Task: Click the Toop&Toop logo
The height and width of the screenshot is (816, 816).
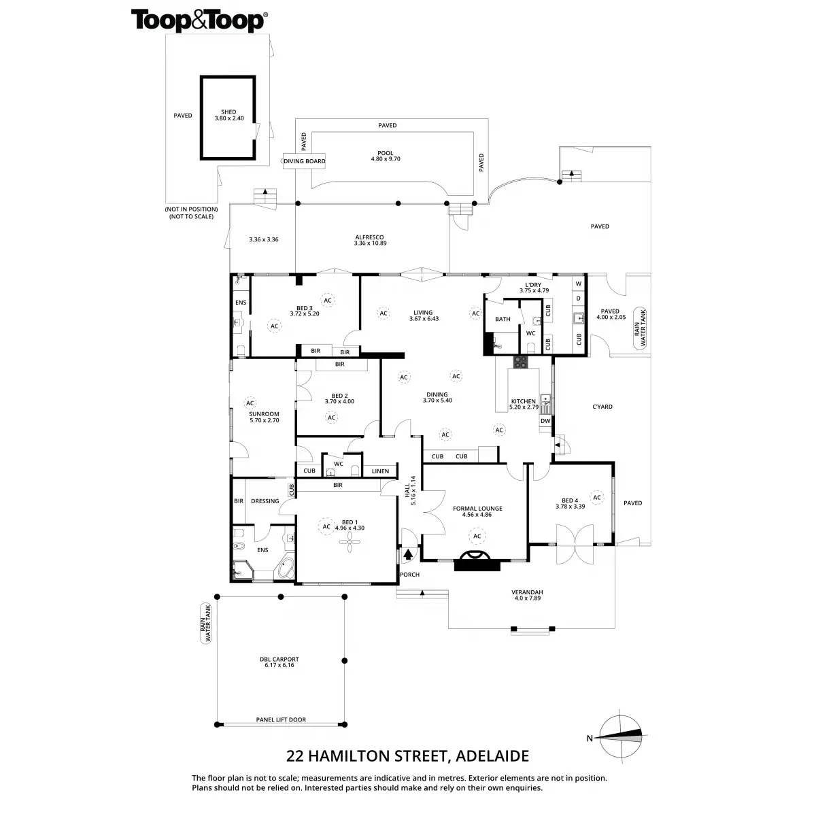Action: (x=199, y=20)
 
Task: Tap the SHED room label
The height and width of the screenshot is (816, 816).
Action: (x=228, y=116)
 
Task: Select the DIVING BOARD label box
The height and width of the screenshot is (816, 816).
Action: (x=305, y=161)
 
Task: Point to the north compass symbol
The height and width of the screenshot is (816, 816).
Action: (x=620, y=734)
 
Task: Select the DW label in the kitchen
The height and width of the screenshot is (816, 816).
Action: (x=545, y=421)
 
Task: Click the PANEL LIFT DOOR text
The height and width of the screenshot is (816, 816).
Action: (x=281, y=719)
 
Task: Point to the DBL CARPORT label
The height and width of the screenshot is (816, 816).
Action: (x=279, y=662)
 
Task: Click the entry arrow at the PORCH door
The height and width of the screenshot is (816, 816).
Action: (x=408, y=554)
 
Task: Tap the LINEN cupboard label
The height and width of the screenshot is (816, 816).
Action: (x=380, y=471)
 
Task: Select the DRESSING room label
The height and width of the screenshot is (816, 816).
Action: (x=265, y=501)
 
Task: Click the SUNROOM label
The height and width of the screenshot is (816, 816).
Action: (x=264, y=417)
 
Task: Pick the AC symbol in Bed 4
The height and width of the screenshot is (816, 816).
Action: (x=596, y=498)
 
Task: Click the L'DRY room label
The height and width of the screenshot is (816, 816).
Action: (x=533, y=286)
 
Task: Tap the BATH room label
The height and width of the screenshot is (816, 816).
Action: (x=503, y=319)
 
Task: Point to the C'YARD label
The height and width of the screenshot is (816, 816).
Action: (x=602, y=407)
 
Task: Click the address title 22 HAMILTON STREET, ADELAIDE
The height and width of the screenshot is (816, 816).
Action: (x=408, y=755)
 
